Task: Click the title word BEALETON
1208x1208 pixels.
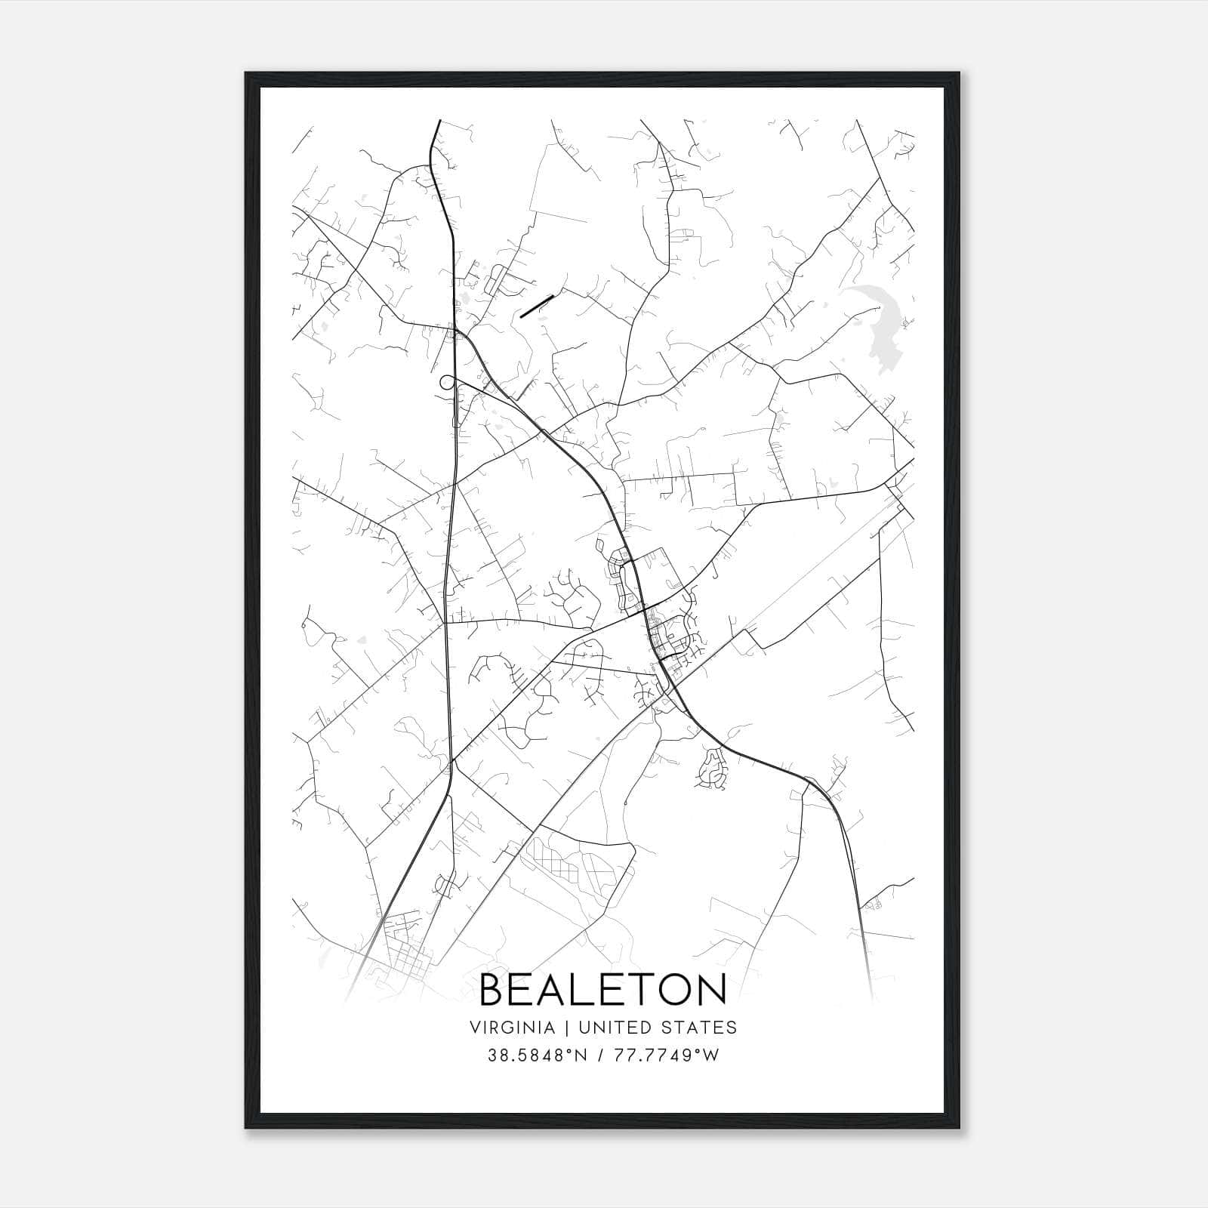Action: (x=603, y=990)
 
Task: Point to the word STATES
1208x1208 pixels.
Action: (x=700, y=1027)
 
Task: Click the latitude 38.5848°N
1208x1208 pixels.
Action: (x=537, y=1055)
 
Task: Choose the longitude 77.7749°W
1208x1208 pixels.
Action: (x=667, y=1055)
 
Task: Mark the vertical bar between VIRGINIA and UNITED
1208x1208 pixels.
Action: (x=562, y=1027)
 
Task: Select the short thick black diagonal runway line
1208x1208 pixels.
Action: (x=537, y=306)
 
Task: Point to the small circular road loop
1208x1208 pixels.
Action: (x=447, y=381)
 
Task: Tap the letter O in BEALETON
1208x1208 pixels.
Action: (x=673, y=990)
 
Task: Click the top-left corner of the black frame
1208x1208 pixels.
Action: (x=246, y=73)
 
